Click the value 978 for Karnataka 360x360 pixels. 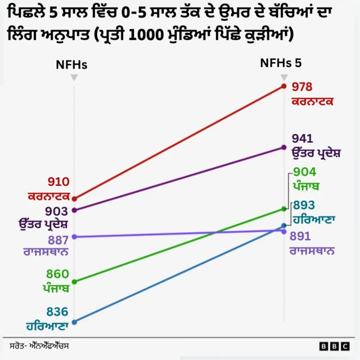point(302,87)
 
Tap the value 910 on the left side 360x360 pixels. point(58,182)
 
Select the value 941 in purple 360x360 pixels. point(302,139)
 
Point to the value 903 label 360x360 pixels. point(57,211)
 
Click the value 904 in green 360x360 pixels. point(304,173)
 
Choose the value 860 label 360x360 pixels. point(57,274)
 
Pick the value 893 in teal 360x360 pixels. point(304,206)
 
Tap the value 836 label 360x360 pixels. point(57,312)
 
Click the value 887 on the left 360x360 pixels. point(57,240)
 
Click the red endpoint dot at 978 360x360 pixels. point(284,86)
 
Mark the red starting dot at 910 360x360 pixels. point(74,199)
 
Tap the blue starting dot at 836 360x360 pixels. point(74,322)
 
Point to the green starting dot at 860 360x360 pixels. point(74,281)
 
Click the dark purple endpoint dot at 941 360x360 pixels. point(284,147)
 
